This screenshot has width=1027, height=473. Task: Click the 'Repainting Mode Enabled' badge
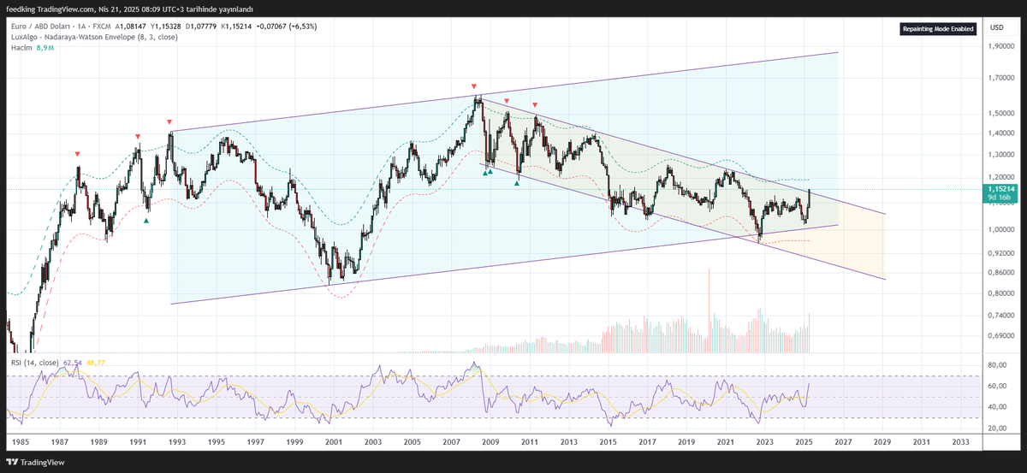[x=938, y=29]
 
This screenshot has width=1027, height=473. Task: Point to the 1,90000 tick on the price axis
[x=1002, y=46]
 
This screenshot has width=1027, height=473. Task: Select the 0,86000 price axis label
[x=1002, y=272]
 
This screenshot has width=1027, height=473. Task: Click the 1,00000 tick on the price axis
[x=1002, y=229]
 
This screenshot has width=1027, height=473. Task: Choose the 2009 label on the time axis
[x=490, y=441]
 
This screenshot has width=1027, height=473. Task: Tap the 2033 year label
[x=960, y=441]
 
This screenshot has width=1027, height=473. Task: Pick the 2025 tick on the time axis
[x=804, y=441]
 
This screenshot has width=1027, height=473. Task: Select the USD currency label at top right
[x=996, y=28]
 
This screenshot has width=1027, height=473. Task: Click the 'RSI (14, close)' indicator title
[x=34, y=363]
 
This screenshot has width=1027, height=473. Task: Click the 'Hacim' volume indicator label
[x=21, y=48]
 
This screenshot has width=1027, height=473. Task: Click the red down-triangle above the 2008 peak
[x=474, y=86]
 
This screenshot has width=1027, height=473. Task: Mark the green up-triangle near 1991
[x=146, y=221]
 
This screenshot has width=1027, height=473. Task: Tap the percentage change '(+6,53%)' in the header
[x=302, y=27]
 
